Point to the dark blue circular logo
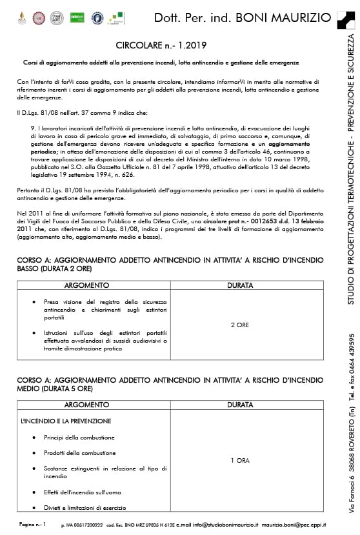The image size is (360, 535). [97, 17]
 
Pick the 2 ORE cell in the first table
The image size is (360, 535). [240, 325]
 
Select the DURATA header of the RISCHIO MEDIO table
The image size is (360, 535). [240, 405]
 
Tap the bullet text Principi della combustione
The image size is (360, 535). [79, 437]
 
